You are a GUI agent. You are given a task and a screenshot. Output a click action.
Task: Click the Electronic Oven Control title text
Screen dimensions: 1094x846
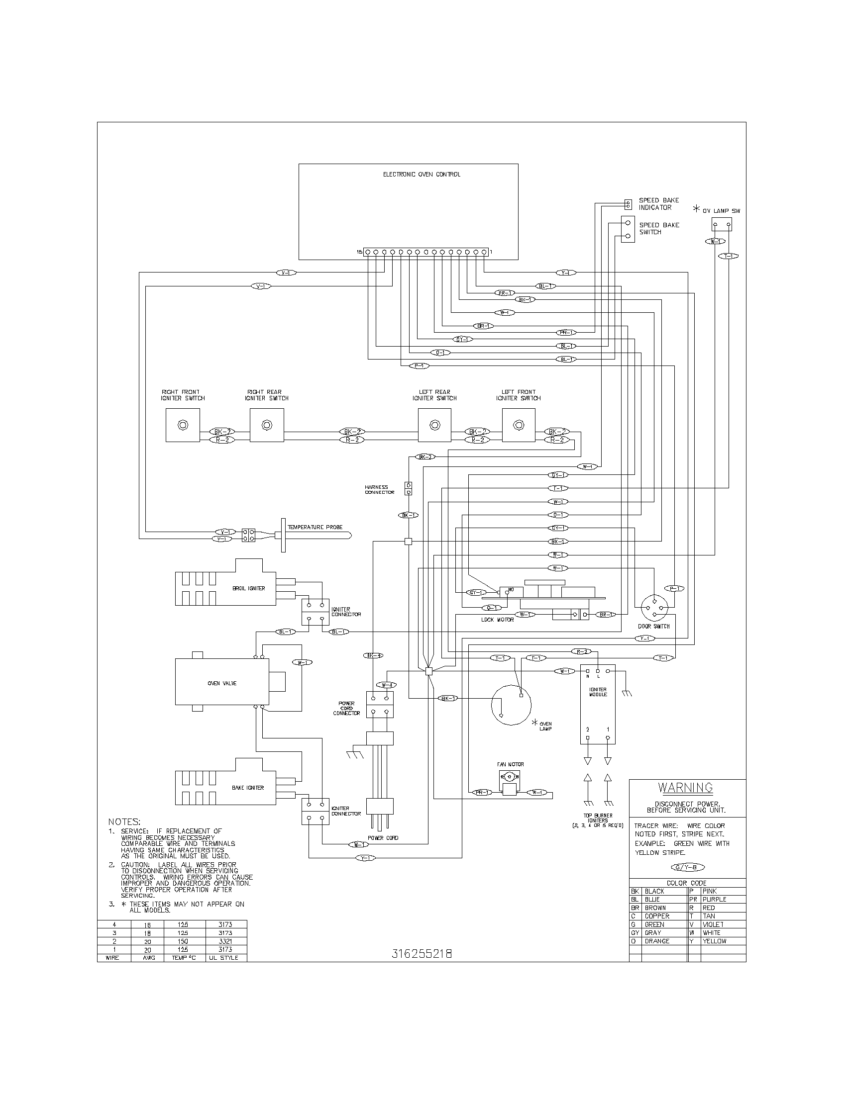tap(422, 175)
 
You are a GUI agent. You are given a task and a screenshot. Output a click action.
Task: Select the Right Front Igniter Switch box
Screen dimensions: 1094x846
tap(183, 425)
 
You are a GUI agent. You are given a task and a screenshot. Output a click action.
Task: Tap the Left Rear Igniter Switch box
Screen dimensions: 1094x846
tap(434, 425)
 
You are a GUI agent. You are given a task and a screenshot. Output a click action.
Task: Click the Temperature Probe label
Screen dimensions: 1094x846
tap(315, 527)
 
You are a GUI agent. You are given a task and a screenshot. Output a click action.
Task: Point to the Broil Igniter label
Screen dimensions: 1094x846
tap(249, 588)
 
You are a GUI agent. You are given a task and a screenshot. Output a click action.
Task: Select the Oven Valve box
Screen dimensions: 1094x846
tap(222, 683)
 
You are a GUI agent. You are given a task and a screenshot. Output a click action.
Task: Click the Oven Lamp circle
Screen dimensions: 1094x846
tap(511, 705)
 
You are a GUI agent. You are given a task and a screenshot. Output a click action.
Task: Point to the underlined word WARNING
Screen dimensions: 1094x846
tap(685, 788)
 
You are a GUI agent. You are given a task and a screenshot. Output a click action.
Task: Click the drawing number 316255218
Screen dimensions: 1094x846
tap(422, 954)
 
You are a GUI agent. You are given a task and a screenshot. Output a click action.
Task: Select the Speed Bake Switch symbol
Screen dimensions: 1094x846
tap(628, 229)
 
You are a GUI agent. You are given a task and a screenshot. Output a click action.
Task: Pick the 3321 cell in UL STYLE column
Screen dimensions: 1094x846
tap(225, 941)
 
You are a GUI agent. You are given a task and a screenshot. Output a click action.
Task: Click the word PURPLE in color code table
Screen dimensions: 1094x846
tap(714, 900)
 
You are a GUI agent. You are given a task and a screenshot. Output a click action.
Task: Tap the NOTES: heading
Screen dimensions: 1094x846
tap(124, 822)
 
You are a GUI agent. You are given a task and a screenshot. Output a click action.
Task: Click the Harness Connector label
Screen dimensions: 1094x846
tap(379, 489)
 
